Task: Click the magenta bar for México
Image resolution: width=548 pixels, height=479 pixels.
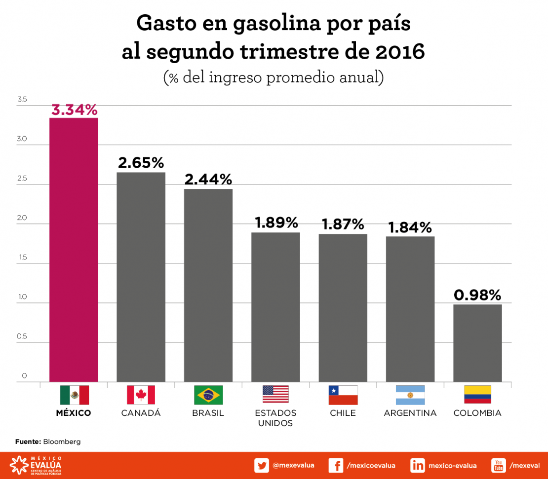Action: [74, 249]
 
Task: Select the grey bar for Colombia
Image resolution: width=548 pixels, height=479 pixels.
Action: [477, 343]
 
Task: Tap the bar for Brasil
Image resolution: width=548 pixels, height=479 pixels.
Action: [208, 285]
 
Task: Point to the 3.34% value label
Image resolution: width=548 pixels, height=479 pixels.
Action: [75, 110]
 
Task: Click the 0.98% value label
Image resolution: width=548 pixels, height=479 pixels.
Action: [477, 295]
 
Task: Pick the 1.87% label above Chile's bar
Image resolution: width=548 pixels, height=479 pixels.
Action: [343, 224]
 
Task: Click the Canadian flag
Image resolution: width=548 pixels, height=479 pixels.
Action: [141, 395]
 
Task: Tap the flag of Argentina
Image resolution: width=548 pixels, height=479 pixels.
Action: [410, 395]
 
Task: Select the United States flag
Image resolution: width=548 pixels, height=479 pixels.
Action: [275, 395]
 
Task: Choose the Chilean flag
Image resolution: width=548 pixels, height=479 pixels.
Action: [343, 395]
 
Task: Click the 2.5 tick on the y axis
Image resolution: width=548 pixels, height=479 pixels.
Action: [22, 179]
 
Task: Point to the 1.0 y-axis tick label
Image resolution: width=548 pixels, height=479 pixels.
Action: [22, 297]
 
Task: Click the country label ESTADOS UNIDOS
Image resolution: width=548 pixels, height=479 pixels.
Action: [275, 418]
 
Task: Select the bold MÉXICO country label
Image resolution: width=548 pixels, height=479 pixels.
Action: [74, 413]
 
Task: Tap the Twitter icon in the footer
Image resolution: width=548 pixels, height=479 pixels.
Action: [262, 465]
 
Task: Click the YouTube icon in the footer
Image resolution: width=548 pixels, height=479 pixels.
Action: [498, 465]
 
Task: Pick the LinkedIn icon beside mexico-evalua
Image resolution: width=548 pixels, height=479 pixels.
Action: [418, 465]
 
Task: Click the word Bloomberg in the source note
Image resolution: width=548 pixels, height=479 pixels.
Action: [62, 442]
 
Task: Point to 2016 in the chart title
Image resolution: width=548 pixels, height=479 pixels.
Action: [399, 51]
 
